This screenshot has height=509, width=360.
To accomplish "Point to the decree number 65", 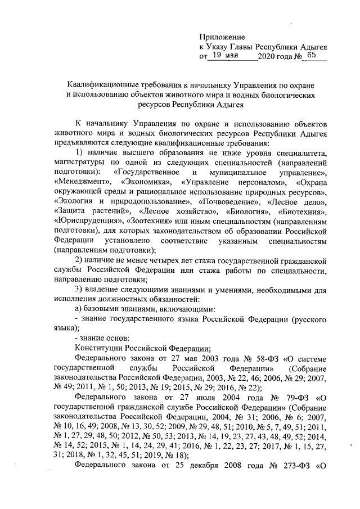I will [312, 56].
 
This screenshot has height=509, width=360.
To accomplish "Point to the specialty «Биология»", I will [246, 210].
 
